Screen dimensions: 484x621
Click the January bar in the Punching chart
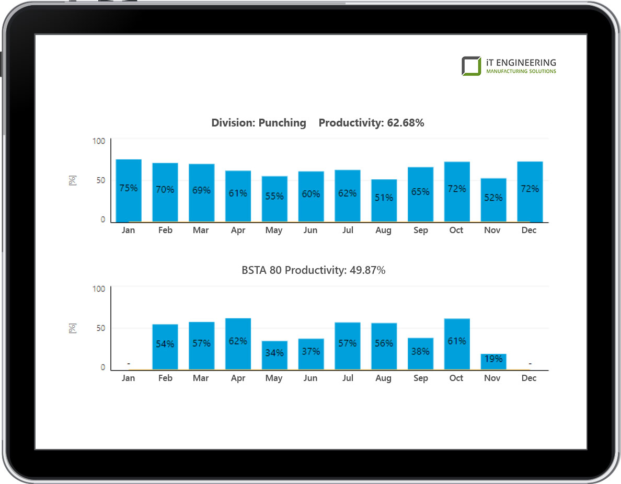click(129, 191)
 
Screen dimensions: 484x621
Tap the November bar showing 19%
click(492, 362)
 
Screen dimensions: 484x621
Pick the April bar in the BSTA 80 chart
click(238, 344)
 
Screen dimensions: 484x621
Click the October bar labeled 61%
click(456, 344)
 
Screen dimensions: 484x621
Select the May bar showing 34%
click(274, 355)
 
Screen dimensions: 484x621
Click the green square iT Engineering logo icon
click(471, 66)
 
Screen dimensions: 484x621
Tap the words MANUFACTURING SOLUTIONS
click(521, 71)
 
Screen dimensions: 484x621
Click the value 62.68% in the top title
click(405, 123)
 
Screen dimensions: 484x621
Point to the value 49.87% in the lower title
click(366, 270)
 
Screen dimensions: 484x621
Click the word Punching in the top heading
click(282, 123)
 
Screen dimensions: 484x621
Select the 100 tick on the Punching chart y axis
click(99, 141)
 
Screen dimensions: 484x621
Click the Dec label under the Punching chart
click(529, 231)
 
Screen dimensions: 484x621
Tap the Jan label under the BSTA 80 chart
click(128, 378)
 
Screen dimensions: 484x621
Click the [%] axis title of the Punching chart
click(73, 181)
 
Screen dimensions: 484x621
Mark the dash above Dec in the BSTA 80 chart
click(530, 363)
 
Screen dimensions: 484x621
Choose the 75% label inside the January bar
click(128, 188)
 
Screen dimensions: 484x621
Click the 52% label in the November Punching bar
click(492, 198)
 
